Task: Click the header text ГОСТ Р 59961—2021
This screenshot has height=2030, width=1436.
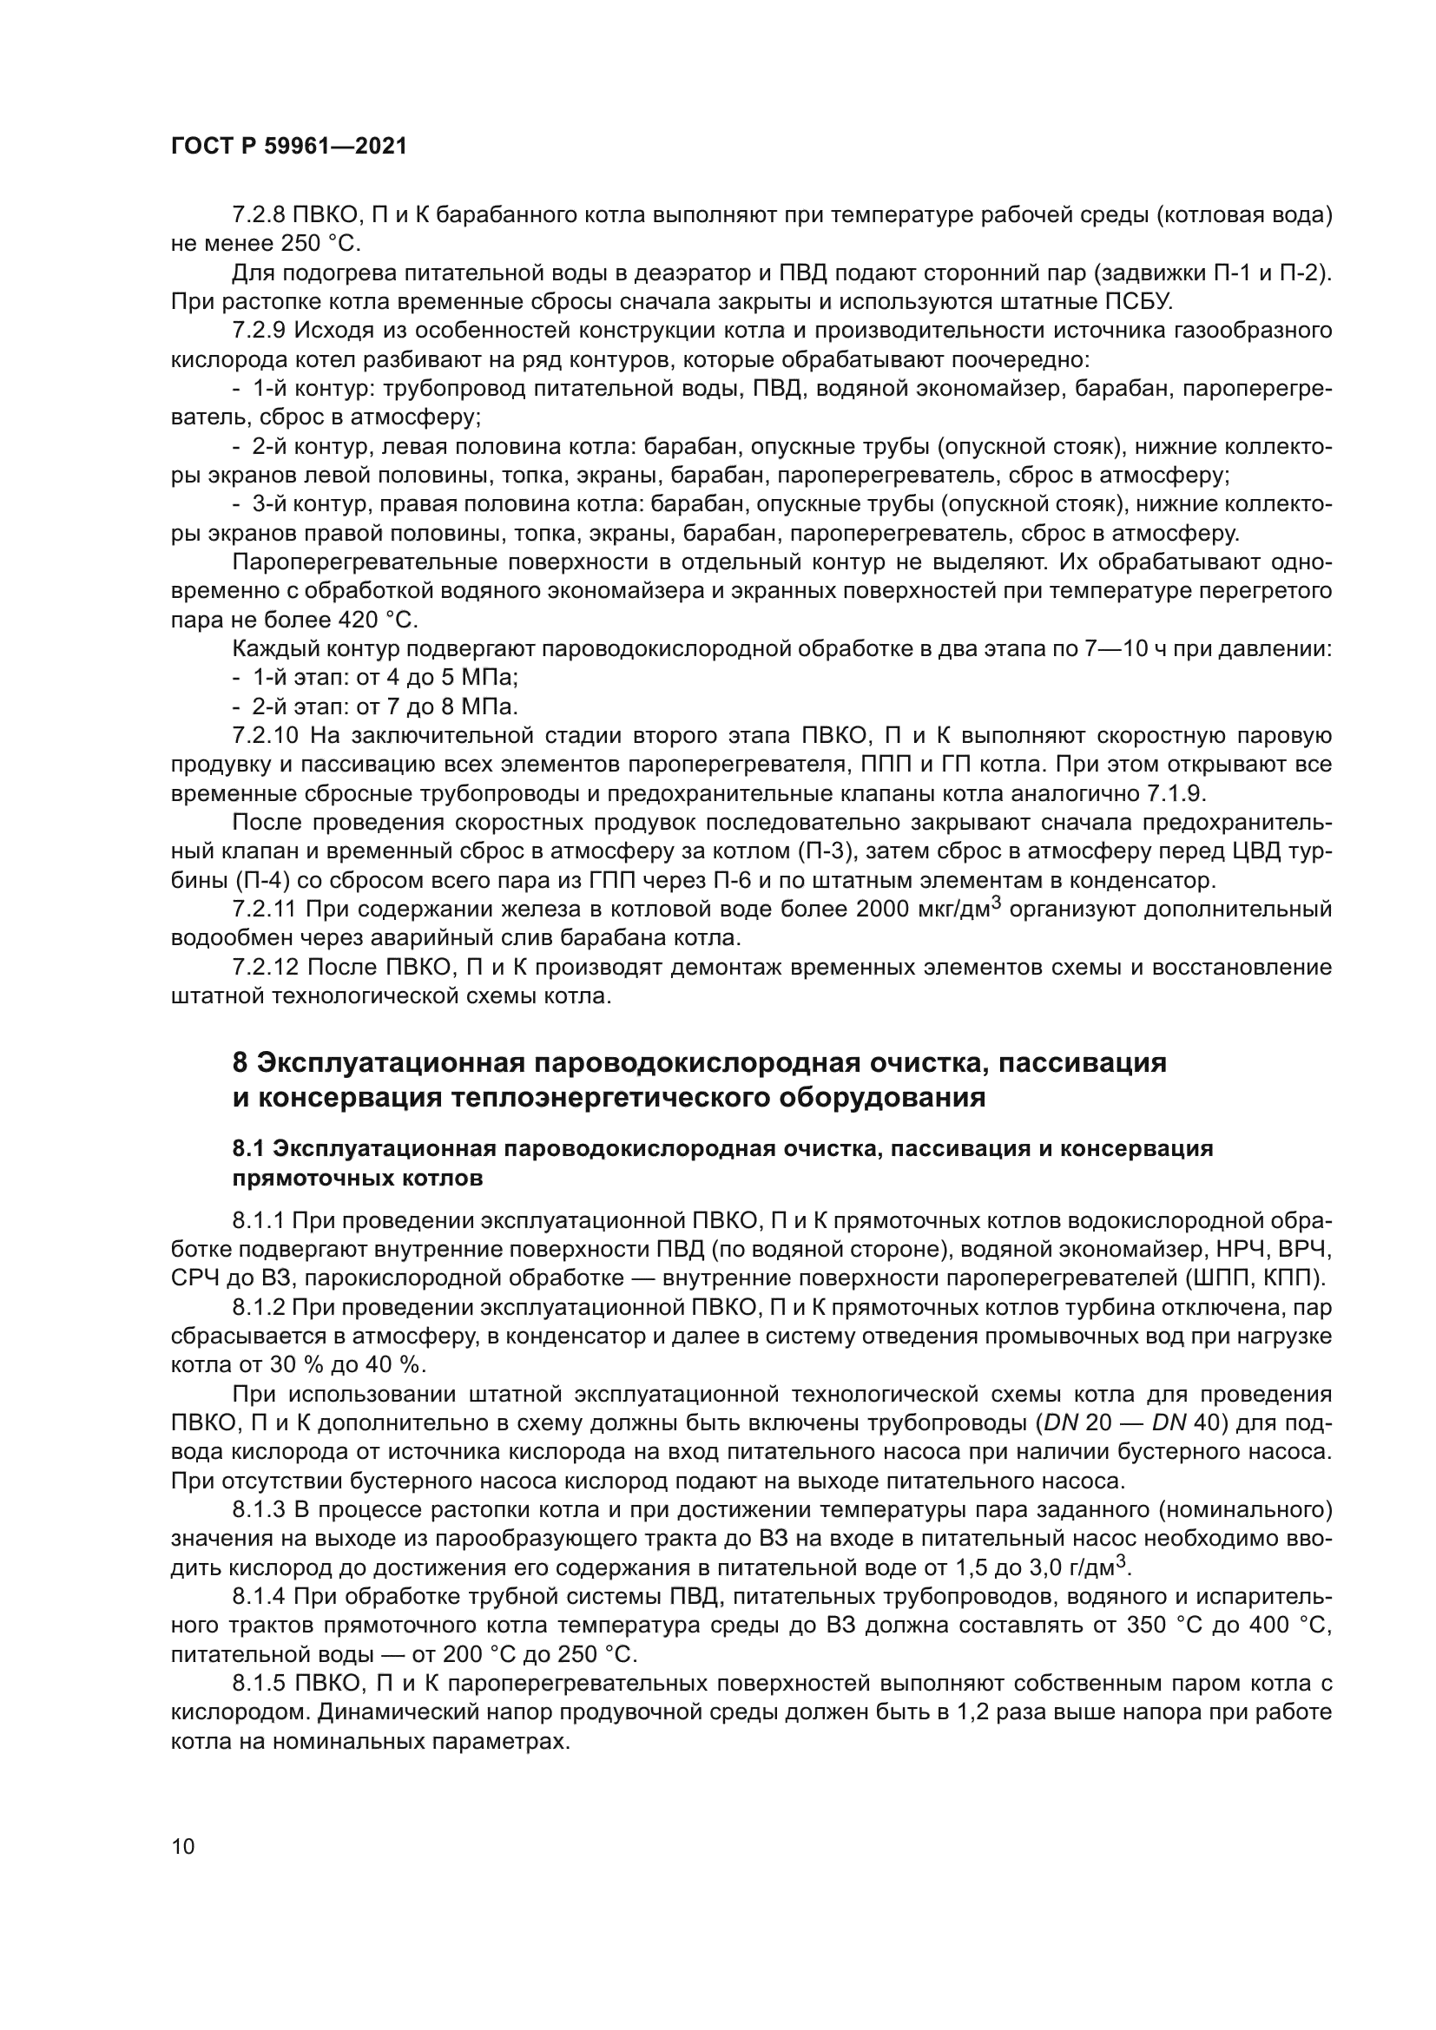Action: click(288, 147)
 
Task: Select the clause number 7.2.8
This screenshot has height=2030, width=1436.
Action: click(257, 215)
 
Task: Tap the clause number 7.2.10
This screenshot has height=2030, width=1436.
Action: click(262, 736)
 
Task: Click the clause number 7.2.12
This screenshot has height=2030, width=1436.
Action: click(262, 967)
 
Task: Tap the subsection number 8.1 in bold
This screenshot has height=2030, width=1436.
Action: click(247, 1149)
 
